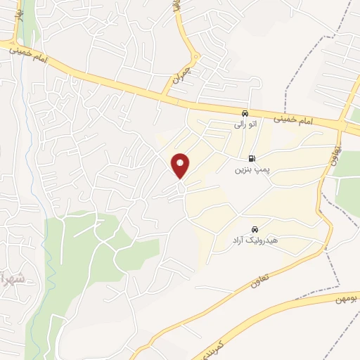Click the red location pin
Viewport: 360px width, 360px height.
[x=181, y=165]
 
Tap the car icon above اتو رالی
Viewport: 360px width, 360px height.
[x=244, y=112]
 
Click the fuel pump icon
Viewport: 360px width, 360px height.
[x=252, y=159]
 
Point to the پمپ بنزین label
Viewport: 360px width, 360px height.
[x=251, y=170]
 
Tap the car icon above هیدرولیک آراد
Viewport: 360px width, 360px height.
[x=254, y=229]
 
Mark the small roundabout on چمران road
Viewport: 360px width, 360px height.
[x=193, y=59]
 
